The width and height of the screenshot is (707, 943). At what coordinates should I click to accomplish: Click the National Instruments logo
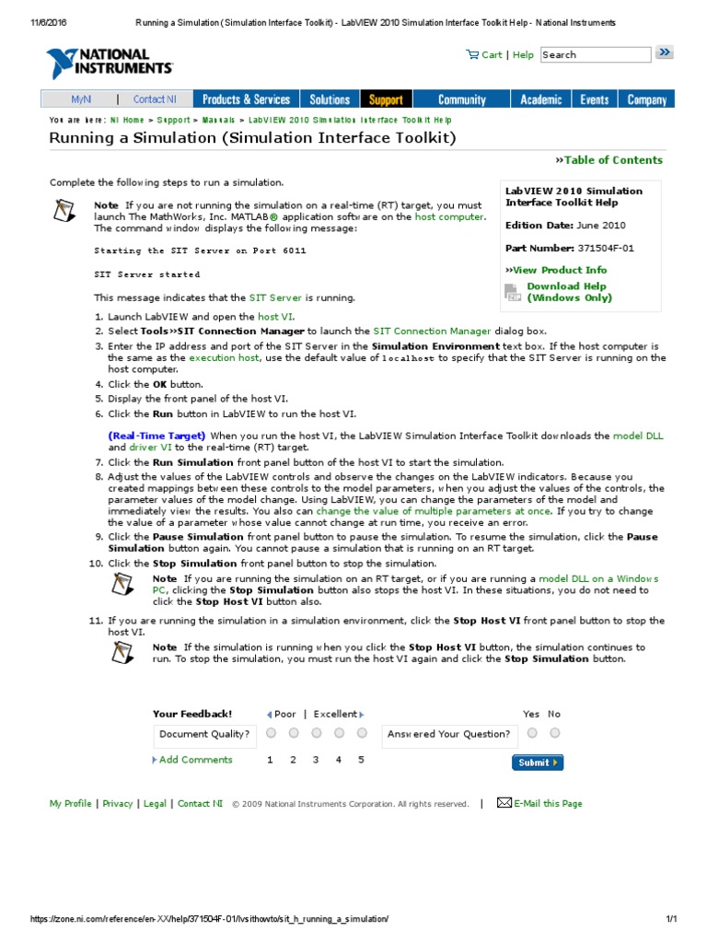click(109, 63)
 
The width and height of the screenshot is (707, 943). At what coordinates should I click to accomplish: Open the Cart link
click(485, 54)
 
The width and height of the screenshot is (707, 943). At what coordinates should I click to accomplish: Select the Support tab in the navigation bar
click(386, 99)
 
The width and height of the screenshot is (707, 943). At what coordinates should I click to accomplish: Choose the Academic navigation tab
click(540, 99)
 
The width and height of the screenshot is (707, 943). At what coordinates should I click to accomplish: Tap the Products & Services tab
click(246, 99)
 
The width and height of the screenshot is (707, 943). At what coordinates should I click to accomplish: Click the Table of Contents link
click(612, 160)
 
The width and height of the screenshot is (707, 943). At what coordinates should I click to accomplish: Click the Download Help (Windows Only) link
click(568, 292)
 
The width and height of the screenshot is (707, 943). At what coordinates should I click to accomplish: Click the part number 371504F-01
click(606, 248)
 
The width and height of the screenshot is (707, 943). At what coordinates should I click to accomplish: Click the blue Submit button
click(537, 763)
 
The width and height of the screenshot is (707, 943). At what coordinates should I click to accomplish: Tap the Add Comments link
click(195, 760)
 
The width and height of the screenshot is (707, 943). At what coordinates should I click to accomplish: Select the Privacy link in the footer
click(118, 804)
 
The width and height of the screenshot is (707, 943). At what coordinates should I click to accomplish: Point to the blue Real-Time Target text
click(156, 436)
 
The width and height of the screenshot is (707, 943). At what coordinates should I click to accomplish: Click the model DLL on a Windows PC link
click(598, 578)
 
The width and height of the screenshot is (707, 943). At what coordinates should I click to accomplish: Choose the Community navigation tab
click(462, 99)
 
